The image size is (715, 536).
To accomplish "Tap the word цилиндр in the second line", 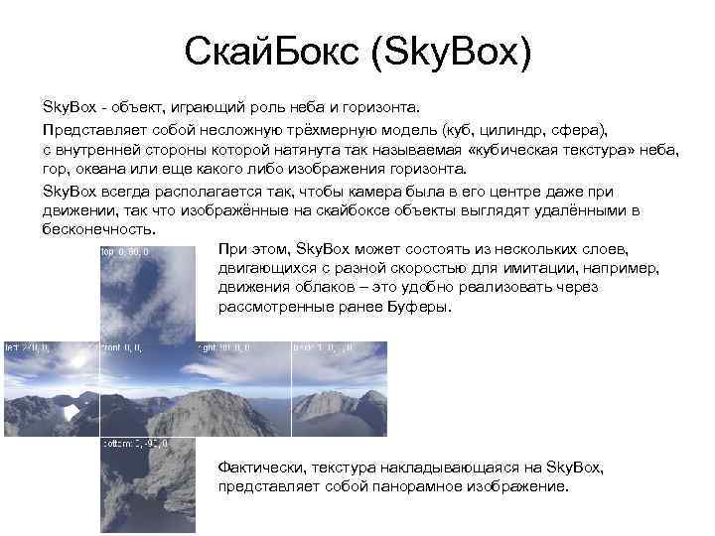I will coord(517,130).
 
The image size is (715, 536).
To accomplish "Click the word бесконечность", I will coord(98,229).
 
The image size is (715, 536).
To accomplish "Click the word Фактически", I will coord(259,467).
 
